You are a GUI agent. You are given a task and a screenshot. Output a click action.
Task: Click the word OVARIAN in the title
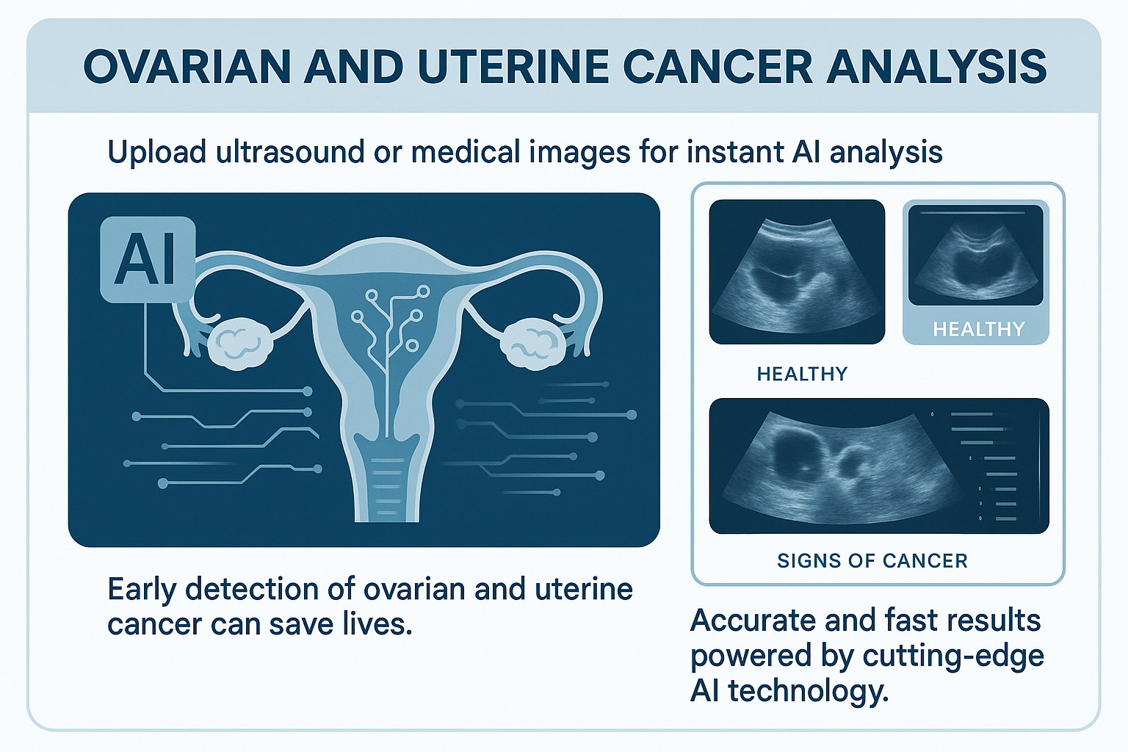pyautogui.click(x=187, y=67)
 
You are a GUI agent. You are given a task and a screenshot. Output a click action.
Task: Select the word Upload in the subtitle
pyautogui.click(x=156, y=152)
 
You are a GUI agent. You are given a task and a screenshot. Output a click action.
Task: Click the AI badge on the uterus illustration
pyautogui.click(x=148, y=259)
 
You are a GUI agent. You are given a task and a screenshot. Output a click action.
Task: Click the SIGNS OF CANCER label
pyautogui.click(x=872, y=560)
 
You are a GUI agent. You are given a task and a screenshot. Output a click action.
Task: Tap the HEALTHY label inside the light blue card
pyautogui.click(x=978, y=330)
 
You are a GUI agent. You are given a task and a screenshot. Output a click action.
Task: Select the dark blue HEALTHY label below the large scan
pyautogui.click(x=802, y=374)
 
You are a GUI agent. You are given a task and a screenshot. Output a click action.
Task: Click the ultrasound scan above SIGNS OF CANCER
pyautogui.click(x=879, y=466)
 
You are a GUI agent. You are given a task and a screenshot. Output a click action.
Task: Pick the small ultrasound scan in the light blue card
pyautogui.click(x=976, y=255)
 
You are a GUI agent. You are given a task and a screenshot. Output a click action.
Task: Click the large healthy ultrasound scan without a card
pyautogui.click(x=797, y=272)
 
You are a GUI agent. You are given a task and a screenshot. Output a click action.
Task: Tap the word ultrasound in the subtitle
pyautogui.click(x=290, y=151)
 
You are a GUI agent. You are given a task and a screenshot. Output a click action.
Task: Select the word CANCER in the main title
pyautogui.click(x=717, y=67)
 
